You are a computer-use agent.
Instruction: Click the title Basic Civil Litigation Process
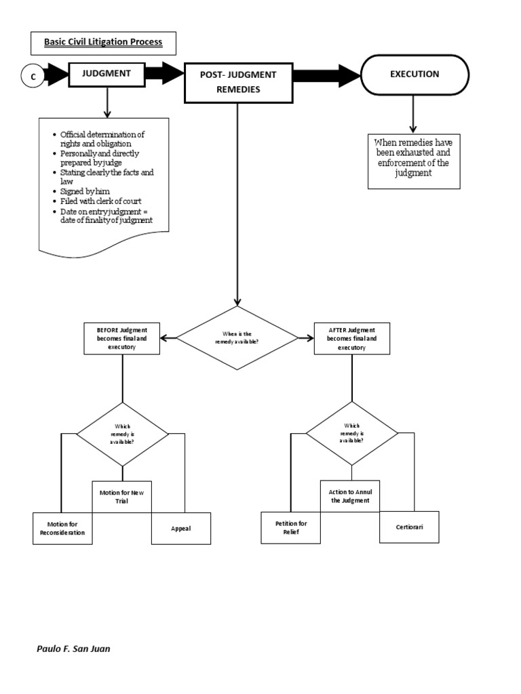(103, 42)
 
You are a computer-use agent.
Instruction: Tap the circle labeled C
(33, 77)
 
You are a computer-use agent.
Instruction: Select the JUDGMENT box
(107, 74)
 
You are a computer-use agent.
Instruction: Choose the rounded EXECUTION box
(414, 75)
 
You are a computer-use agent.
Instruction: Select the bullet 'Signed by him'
(85, 192)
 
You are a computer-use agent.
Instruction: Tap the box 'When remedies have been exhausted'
(414, 161)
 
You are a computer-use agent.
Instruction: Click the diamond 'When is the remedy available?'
(237, 338)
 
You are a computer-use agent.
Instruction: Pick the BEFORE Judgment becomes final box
(122, 338)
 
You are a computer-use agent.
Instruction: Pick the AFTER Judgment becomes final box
(351, 338)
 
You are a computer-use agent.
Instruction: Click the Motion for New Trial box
(122, 497)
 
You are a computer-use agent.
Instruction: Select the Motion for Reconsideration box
(62, 528)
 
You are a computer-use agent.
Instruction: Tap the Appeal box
(181, 528)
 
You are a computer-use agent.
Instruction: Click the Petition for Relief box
(290, 528)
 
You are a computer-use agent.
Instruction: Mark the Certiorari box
(410, 528)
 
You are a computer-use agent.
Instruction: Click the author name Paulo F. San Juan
(73, 649)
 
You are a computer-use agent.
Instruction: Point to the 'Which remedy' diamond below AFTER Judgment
(352, 434)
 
